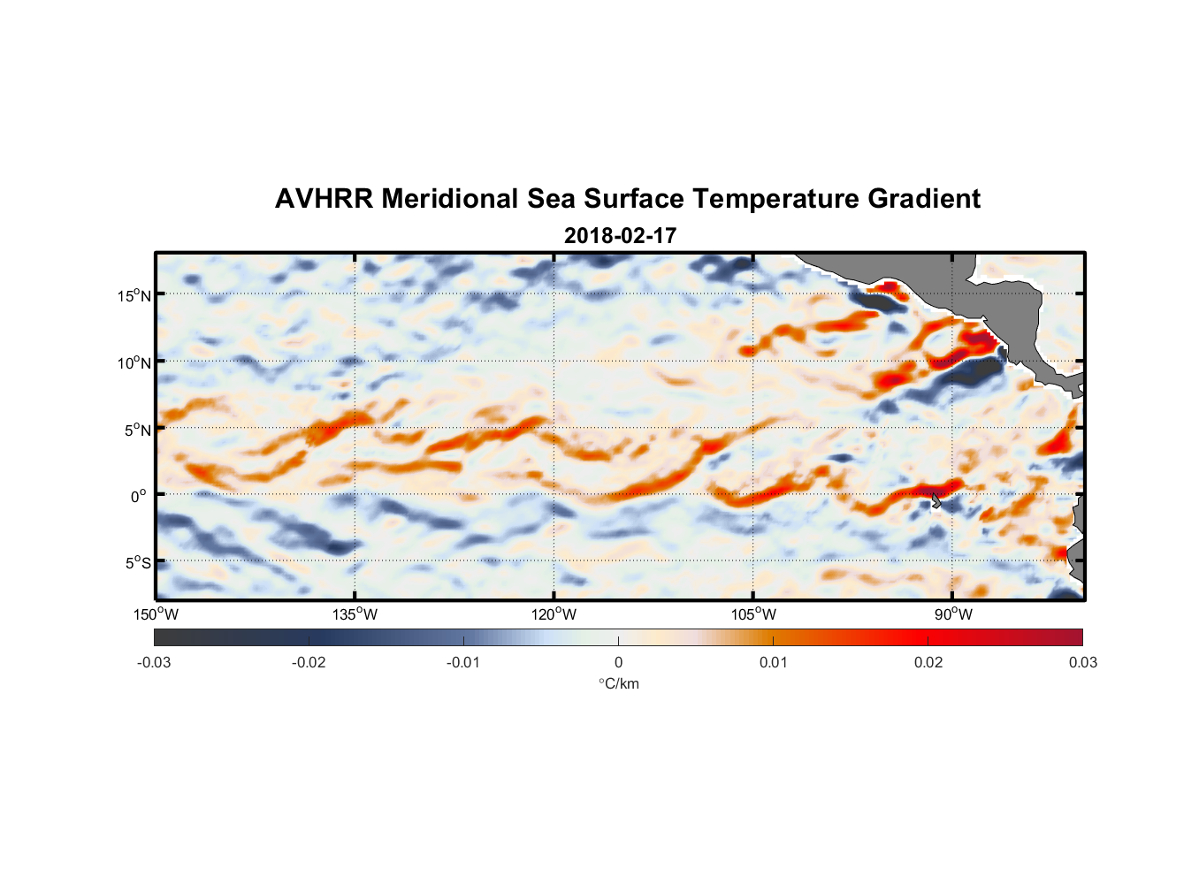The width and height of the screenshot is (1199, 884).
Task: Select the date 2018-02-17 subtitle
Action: point(620,236)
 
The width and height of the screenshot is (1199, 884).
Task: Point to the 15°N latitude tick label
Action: point(134,295)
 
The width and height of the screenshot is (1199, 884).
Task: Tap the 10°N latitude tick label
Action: point(134,362)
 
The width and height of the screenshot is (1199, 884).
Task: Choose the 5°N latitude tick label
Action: point(137,430)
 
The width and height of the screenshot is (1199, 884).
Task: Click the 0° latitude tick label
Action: point(139,496)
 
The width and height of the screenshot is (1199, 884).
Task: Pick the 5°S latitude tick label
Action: point(137,563)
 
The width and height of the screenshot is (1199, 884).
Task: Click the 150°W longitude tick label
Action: point(156,614)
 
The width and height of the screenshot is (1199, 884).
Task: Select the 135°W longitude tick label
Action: point(355,614)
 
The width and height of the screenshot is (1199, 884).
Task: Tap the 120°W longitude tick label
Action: point(554,614)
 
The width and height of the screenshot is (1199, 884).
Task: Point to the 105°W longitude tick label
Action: point(753,614)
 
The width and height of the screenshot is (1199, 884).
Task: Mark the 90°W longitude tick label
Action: point(953,614)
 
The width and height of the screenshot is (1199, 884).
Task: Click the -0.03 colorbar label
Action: point(154,662)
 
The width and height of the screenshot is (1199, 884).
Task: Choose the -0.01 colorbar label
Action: point(463,662)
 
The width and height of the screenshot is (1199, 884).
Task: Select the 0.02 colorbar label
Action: point(928,662)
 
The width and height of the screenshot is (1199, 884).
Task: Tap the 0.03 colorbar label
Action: point(1082,662)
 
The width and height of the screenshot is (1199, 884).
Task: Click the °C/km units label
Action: point(618,683)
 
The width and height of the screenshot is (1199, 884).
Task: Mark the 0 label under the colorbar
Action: point(618,662)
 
